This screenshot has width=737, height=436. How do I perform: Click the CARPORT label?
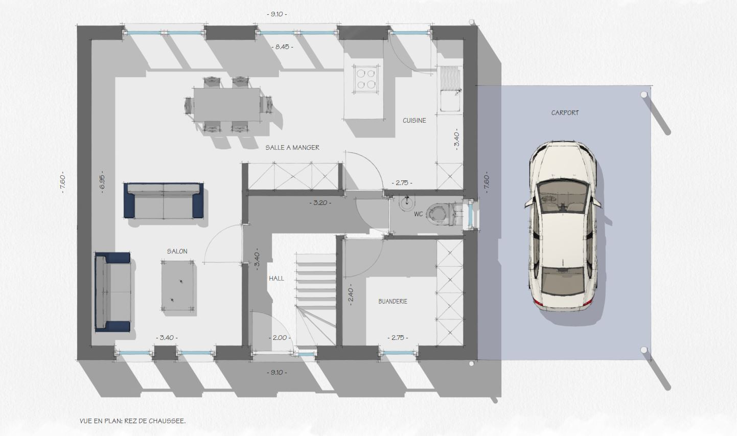[565, 113]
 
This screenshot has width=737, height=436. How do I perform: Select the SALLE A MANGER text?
[292, 148]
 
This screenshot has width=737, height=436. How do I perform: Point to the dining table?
[227, 104]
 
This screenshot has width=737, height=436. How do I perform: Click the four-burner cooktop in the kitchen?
[365, 78]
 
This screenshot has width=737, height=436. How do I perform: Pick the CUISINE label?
[414, 121]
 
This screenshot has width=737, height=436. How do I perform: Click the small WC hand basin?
[407, 203]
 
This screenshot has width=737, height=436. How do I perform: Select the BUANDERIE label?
[393, 302]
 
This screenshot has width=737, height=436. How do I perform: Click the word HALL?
[277, 279]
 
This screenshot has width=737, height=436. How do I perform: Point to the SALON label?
[177, 251]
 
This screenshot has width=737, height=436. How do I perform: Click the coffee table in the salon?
[178, 285]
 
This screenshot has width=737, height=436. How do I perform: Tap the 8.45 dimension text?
[282, 47]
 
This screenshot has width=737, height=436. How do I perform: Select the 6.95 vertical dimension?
[102, 181]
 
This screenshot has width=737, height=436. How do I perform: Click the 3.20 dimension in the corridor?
[320, 203]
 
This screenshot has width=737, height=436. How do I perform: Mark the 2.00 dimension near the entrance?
[280, 338]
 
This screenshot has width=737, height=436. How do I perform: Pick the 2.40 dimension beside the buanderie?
[350, 295]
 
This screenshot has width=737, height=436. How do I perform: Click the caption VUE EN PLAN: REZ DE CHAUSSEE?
[132, 421]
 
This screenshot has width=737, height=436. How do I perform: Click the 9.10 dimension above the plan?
[277, 14]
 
